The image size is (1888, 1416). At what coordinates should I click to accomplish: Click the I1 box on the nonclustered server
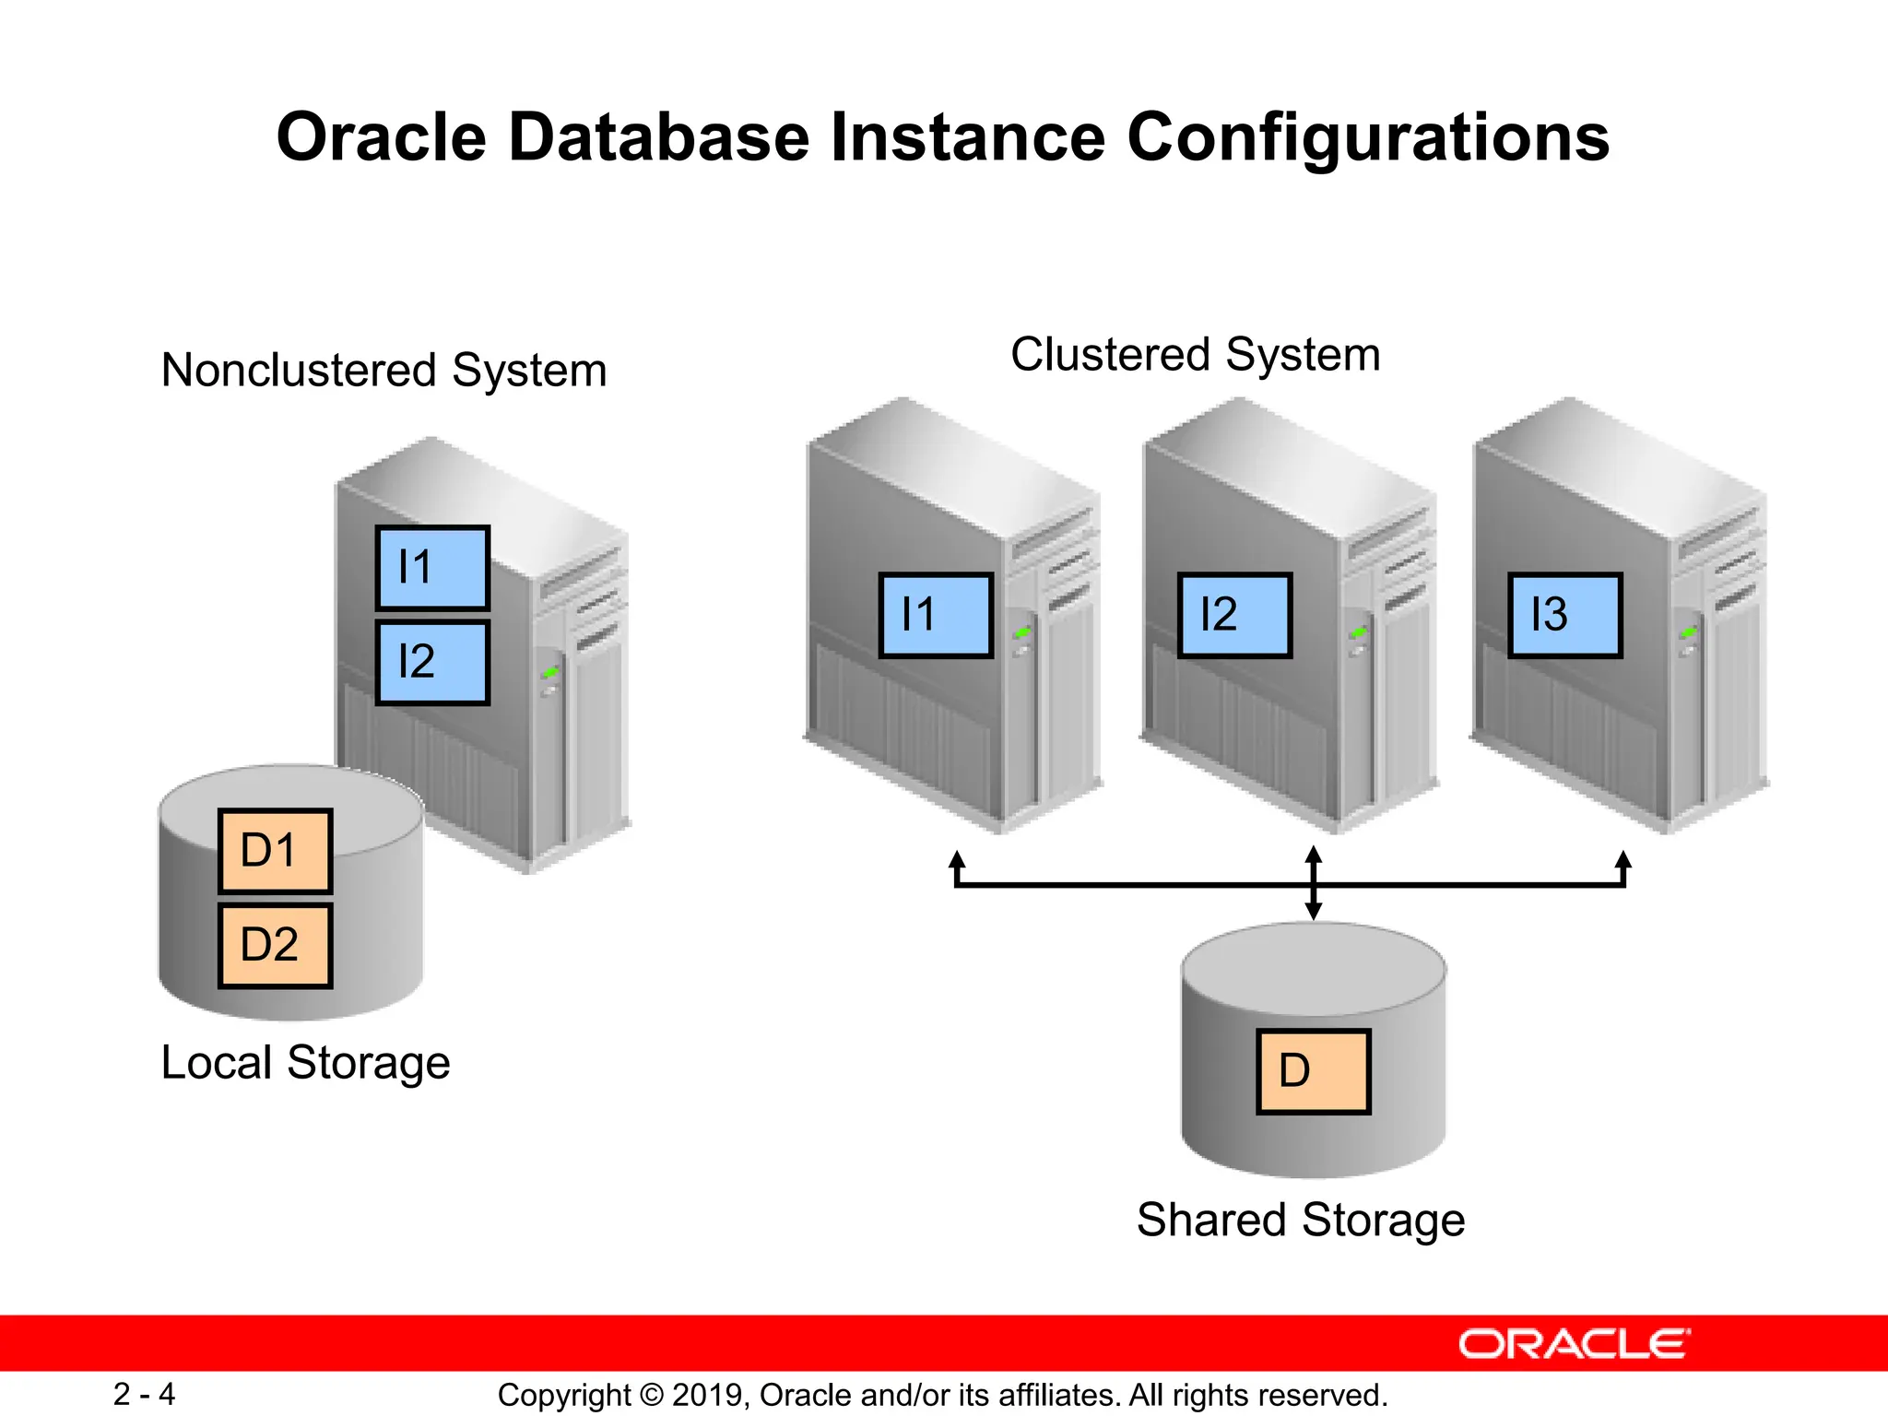click(x=432, y=567)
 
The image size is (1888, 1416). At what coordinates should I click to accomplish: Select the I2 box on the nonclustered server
click(x=432, y=662)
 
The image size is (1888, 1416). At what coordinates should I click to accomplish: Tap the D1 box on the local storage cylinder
click(x=275, y=850)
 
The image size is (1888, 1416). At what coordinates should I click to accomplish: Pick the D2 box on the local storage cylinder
click(x=275, y=945)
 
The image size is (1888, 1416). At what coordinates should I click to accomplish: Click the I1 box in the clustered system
click(x=936, y=615)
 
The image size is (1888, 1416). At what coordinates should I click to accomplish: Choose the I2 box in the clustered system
click(x=1234, y=615)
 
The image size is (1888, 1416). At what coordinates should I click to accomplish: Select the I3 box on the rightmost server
click(x=1564, y=615)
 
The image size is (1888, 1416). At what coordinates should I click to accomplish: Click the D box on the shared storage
click(x=1313, y=1071)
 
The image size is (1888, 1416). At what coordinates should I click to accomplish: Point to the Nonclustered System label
click(x=383, y=371)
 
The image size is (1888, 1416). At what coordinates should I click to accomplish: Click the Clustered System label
click(x=1195, y=355)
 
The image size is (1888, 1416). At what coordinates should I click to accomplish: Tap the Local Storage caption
click(x=305, y=1062)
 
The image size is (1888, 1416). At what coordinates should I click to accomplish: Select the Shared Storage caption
click(x=1300, y=1220)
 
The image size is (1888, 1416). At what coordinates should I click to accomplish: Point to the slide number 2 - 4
click(x=144, y=1394)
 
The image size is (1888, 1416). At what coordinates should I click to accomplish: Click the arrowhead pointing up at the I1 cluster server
click(x=957, y=859)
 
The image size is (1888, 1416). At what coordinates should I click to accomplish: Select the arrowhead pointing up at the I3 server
click(x=1623, y=859)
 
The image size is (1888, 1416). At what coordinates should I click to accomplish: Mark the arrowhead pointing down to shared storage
click(x=1314, y=911)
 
